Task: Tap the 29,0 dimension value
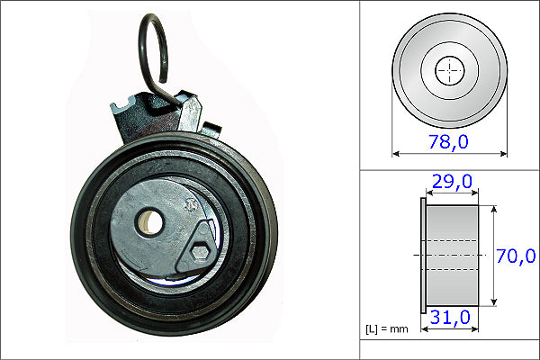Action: pos(451,183)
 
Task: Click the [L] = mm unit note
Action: pos(387,328)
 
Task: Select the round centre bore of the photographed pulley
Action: pos(148,220)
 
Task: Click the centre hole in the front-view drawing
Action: pos(448,71)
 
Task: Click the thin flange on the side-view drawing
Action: pos(423,256)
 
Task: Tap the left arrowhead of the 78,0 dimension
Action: pos(396,153)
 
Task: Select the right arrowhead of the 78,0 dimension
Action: pos(504,153)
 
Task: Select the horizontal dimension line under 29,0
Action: pos(452,193)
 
